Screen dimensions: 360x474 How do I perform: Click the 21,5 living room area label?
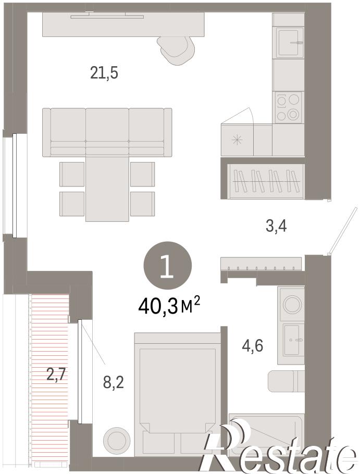point(104,73)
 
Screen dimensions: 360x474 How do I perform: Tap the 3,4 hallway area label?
point(276,226)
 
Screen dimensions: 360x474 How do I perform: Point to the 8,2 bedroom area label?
point(114,382)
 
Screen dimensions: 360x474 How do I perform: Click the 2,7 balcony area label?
point(56,374)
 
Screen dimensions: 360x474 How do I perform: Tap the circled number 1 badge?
point(167,265)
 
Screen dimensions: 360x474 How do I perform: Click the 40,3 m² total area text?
point(169,306)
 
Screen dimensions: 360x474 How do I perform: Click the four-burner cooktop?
point(288,107)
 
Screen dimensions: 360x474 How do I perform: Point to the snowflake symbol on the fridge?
point(237,140)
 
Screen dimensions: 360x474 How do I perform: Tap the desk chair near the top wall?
point(177,50)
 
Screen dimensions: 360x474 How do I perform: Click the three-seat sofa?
point(107,132)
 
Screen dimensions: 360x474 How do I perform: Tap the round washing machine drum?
point(292,304)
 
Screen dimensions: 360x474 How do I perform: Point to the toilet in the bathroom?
point(286,381)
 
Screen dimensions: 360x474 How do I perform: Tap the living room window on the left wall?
point(14,185)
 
